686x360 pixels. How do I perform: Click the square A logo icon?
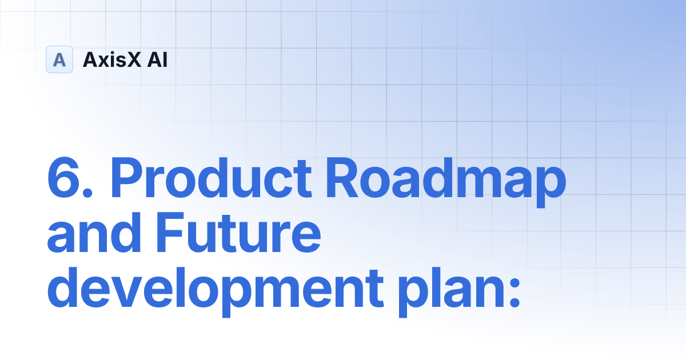59,59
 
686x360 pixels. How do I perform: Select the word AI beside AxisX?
157,59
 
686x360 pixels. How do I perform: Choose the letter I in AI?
165,59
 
